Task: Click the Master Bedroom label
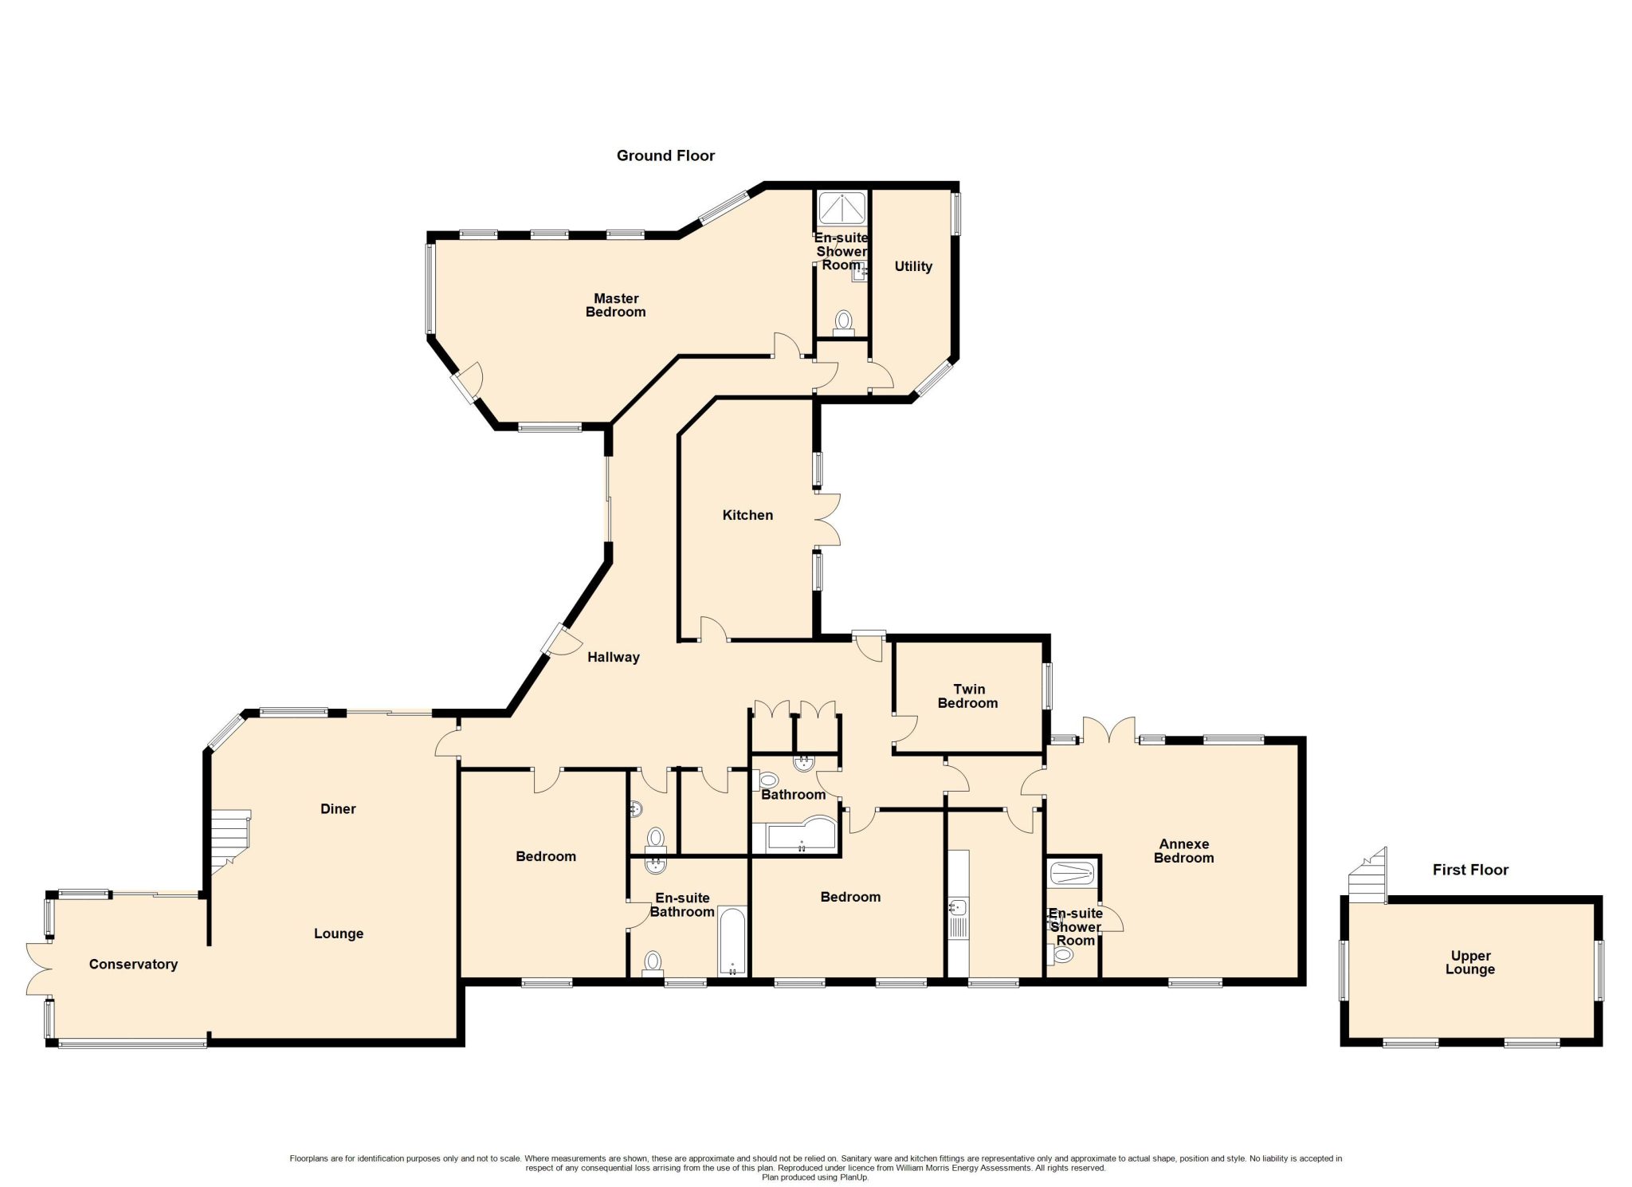tap(615, 305)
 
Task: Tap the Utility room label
tap(913, 266)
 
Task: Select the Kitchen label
tap(747, 515)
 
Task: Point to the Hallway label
tap(614, 658)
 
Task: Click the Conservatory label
tap(133, 965)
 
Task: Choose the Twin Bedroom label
tap(968, 696)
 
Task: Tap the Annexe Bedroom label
tap(1184, 851)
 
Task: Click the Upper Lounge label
tap(1470, 962)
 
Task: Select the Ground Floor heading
tap(665, 155)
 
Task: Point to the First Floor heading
tap(1470, 870)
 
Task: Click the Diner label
tap(338, 809)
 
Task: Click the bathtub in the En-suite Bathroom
tap(732, 941)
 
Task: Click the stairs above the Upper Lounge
tap(1367, 875)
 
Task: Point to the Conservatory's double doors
tap(40, 969)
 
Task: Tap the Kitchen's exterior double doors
tap(827, 520)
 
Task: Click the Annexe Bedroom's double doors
tap(1108, 729)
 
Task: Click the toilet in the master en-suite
tap(843, 322)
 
